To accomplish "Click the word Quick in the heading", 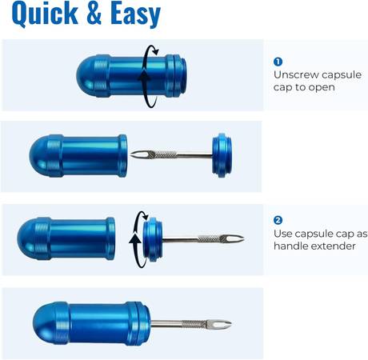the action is [x=45, y=14].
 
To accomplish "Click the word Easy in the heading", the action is [x=135, y=14].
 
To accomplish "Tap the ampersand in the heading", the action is [x=94, y=12].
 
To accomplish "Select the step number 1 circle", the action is [x=278, y=62].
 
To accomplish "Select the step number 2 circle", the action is [x=278, y=221].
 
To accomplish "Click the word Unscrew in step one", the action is [x=295, y=74].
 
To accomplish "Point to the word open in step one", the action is [x=322, y=88].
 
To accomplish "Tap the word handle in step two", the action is [x=290, y=246].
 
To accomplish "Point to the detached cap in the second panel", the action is [x=222, y=155].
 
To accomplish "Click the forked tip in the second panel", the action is [x=138, y=154].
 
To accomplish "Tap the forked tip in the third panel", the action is [x=235, y=238].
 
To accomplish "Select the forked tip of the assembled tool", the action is [x=223, y=324].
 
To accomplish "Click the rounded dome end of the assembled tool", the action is [x=45, y=323].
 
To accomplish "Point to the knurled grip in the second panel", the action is [x=162, y=154].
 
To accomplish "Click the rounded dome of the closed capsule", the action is [x=86, y=76].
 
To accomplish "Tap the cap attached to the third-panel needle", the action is [x=153, y=239].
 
